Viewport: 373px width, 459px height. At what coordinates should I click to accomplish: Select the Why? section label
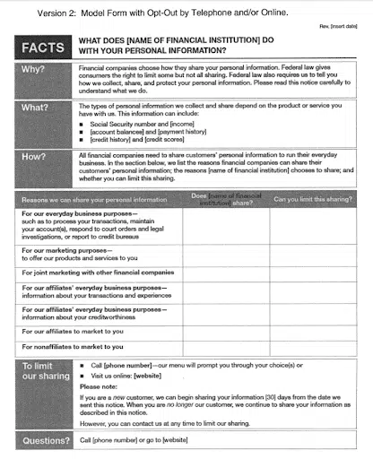click(36, 68)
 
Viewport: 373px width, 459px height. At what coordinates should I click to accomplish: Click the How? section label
click(36, 156)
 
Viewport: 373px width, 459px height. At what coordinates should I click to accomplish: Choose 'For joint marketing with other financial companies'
click(97, 271)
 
